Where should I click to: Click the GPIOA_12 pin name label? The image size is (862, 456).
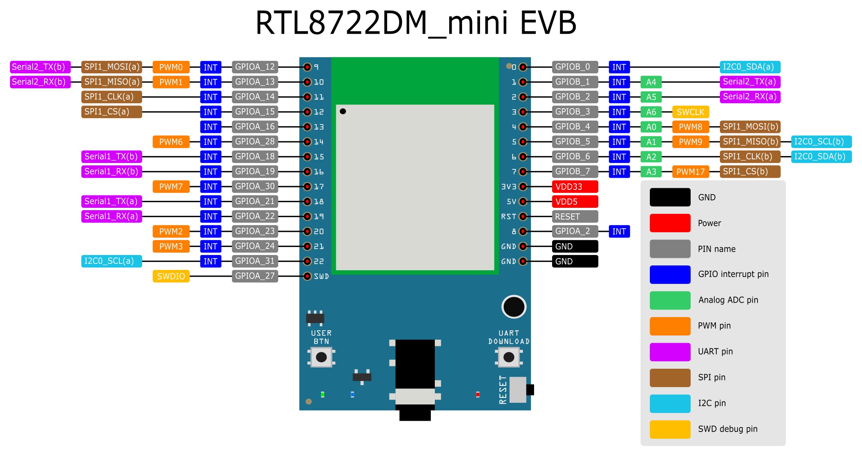click(x=255, y=67)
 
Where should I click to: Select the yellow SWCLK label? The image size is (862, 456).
click(x=690, y=112)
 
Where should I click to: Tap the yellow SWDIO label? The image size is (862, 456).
click(x=171, y=276)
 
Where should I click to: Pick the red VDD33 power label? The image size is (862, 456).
click(x=575, y=187)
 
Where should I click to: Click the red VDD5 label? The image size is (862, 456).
click(x=575, y=201)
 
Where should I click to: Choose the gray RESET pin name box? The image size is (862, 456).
click(x=575, y=217)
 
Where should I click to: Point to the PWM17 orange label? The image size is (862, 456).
click(x=690, y=172)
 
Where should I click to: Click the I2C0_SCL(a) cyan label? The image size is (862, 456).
click(x=111, y=261)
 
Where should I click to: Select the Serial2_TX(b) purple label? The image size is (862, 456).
click(x=40, y=67)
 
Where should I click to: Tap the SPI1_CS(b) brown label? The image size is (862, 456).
click(x=749, y=172)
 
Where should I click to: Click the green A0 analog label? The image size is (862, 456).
click(x=651, y=127)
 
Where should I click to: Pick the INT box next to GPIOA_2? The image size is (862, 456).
click(x=619, y=231)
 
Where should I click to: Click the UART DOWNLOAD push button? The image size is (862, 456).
click(x=509, y=357)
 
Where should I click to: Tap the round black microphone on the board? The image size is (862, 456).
click(x=514, y=307)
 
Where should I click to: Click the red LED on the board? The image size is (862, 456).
click(x=478, y=395)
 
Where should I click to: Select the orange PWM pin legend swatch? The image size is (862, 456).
click(x=670, y=326)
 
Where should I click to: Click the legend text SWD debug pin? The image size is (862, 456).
click(x=727, y=429)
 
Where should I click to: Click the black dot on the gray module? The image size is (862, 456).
click(x=343, y=111)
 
